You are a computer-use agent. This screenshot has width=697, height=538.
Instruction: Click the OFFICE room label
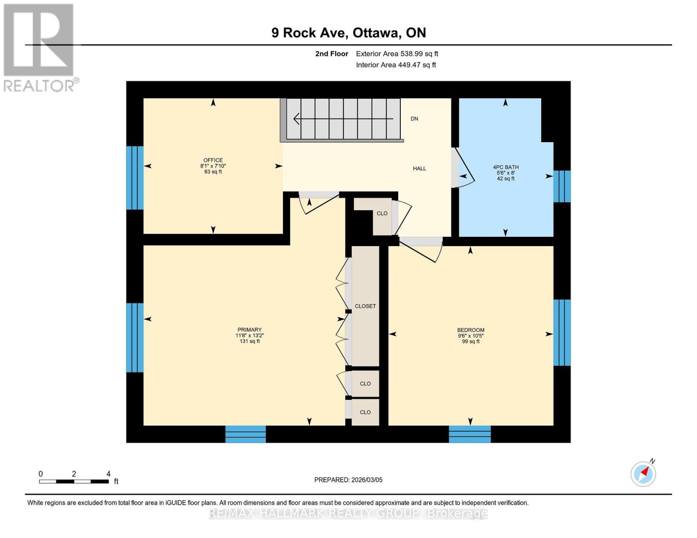pos(213,160)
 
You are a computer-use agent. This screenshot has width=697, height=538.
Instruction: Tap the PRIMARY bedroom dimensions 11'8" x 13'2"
pos(250,335)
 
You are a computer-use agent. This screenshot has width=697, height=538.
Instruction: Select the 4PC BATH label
pos(505,167)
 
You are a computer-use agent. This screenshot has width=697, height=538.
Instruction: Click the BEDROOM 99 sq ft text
pos(470,342)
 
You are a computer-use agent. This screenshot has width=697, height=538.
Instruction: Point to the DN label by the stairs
pos(414,119)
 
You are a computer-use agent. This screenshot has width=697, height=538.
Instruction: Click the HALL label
pos(419,169)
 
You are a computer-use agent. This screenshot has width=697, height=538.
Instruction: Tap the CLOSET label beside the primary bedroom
pos(365,306)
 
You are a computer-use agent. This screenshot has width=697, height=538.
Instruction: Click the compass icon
pos(643,473)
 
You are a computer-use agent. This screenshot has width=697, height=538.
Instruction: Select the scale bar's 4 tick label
pos(108,474)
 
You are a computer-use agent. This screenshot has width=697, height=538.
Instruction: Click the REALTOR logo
pos(39,48)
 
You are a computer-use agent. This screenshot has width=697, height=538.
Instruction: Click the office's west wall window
pos(135,178)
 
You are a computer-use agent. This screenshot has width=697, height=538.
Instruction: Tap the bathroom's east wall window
pos(562,186)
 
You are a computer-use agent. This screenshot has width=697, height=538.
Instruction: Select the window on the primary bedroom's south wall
pos(245,434)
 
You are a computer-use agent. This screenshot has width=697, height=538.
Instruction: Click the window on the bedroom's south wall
pos(469,434)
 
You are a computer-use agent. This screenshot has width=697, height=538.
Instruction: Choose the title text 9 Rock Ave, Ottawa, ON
pos(348,33)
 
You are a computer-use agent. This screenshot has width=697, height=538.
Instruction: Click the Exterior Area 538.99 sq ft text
pos(397,54)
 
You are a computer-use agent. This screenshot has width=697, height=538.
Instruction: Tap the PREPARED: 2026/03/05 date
pos(348,480)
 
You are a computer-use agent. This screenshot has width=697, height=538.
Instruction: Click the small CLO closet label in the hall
pos(382,213)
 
